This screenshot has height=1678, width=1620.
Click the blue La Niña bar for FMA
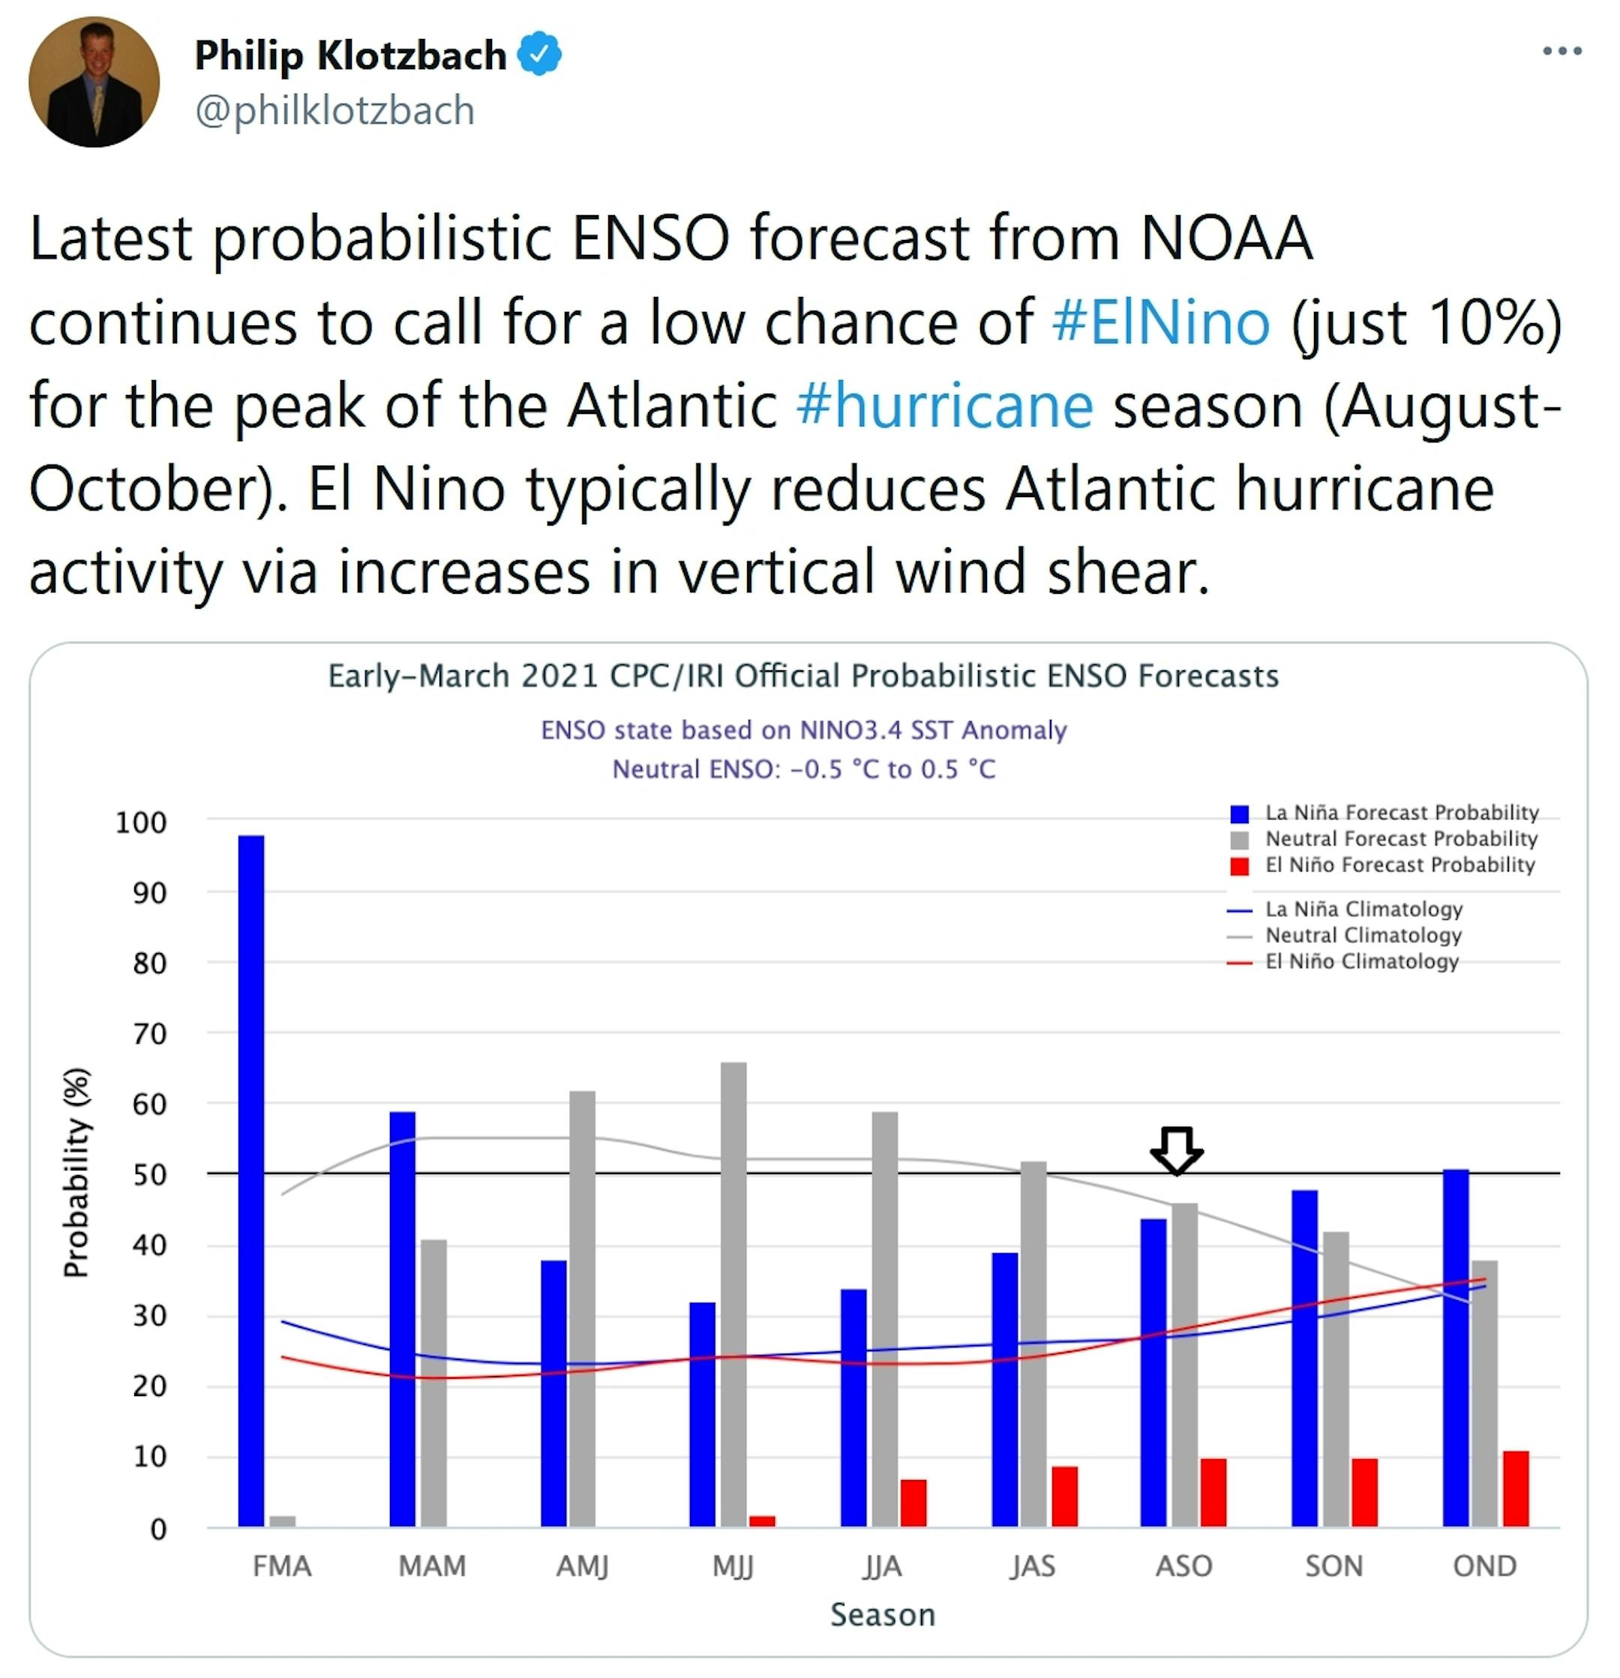(x=251, y=1182)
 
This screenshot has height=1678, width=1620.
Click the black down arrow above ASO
(x=1177, y=1149)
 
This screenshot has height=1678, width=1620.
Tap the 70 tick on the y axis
(x=149, y=1034)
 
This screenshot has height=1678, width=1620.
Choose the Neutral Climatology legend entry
(x=1363, y=935)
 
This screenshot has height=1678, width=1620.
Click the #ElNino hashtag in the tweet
(x=1161, y=322)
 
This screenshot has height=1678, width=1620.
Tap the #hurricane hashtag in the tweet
(x=944, y=405)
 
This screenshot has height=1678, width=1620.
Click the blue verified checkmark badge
(x=539, y=54)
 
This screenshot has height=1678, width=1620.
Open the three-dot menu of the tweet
(x=1561, y=52)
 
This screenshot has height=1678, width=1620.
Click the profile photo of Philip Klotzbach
(x=94, y=82)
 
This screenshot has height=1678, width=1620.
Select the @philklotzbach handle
(x=334, y=110)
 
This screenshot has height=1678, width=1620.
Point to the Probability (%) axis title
(x=76, y=1173)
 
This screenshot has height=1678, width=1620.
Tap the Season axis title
(x=883, y=1615)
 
